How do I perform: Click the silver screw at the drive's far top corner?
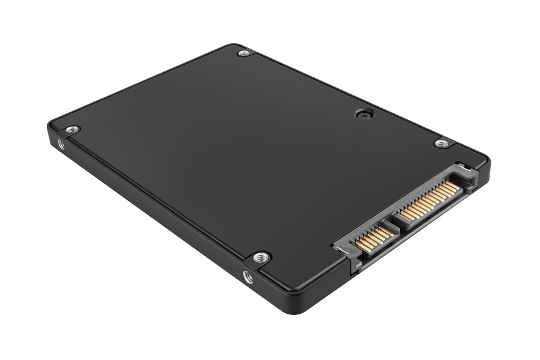(243, 53)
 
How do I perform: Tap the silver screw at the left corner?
(72, 129)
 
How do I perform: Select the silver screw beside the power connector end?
(442, 143)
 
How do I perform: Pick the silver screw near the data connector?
(260, 257)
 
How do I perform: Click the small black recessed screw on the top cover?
(362, 113)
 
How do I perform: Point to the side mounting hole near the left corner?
(61, 144)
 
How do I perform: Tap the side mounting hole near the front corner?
(247, 277)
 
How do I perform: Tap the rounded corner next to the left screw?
(53, 125)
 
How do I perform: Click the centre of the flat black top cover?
(252, 156)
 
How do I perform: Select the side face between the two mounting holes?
(150, 210)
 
